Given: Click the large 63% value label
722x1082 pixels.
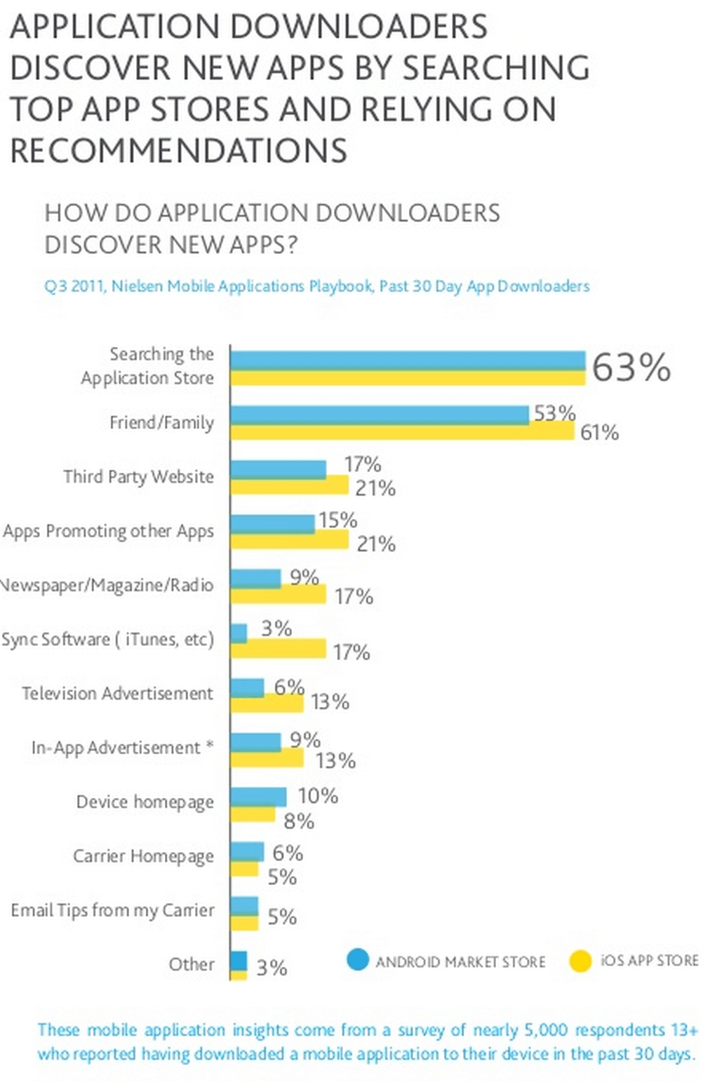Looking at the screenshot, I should click(x=631, y=367).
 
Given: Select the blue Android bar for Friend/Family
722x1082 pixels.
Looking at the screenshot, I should click(x=379, y=414).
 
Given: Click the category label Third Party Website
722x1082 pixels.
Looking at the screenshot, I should click(x=138, y=477).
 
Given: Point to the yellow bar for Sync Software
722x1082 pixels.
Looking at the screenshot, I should click(x=279, y=649).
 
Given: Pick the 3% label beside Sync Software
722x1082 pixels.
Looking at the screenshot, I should click(x=276, y=628).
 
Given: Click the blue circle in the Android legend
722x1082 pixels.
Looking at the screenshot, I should click(x=358, y=959).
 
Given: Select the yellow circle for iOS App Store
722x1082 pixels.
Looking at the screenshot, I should click(x=581, y=961).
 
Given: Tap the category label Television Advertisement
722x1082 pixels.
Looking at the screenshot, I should click(x=117, y=694).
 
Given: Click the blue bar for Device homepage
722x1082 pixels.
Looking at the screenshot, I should click(x=258, y=796).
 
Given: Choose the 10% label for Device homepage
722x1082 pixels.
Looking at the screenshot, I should click(x=318, y=796).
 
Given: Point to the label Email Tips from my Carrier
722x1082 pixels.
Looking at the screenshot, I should click(x=112, y=910).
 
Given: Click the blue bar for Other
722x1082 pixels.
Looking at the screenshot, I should click(x=239, y=961).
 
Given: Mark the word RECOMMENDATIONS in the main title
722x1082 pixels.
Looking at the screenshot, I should click(x=179, y=151).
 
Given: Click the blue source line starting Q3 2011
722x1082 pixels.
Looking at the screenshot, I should click(x=316, y=286).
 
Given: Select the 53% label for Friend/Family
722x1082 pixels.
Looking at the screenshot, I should click(x=554, y=413).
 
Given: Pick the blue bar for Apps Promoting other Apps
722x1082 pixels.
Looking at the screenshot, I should click(x=272, y=523).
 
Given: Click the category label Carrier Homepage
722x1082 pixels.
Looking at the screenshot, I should click(x=143, y=856).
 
